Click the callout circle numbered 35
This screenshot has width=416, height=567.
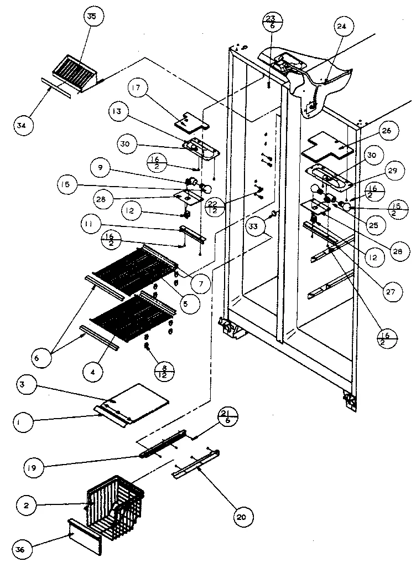[91, 17]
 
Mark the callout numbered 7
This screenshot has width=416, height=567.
[200, 283]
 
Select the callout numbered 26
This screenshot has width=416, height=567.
[386, 131]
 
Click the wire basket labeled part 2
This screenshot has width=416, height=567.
[116, 504]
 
